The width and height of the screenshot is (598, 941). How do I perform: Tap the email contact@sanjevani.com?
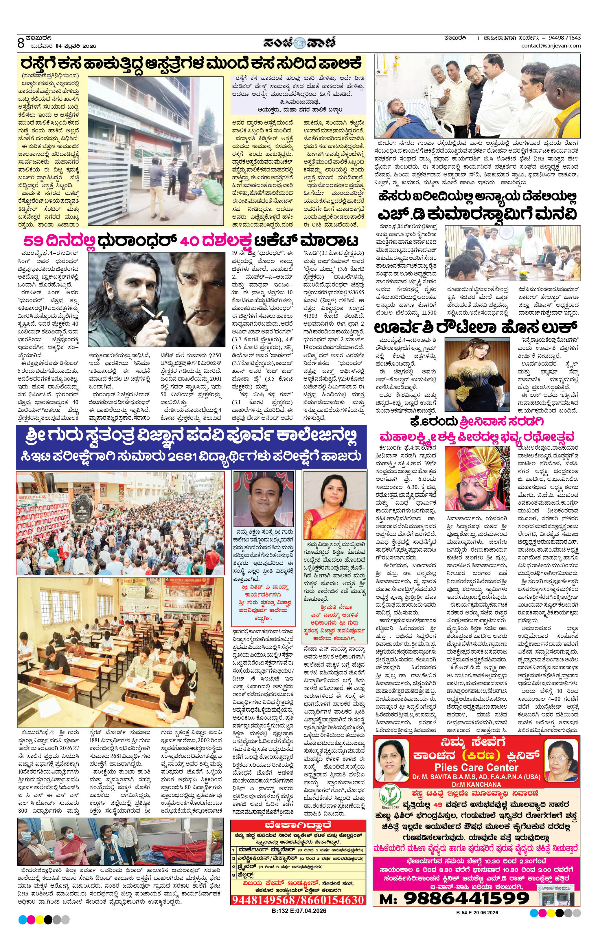551,46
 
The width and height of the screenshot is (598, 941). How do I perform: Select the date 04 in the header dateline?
59,46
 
